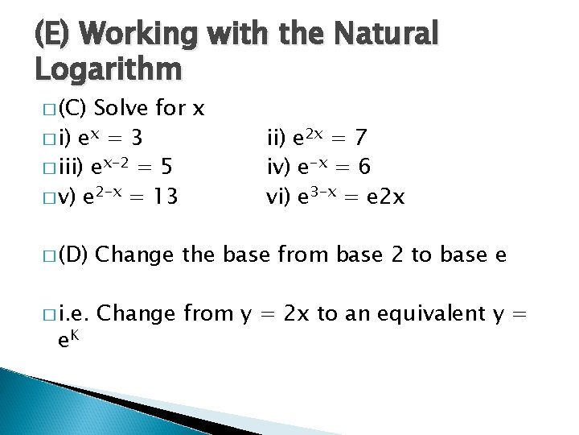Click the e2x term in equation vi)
pos(383,197)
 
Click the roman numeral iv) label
pos(277,168)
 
